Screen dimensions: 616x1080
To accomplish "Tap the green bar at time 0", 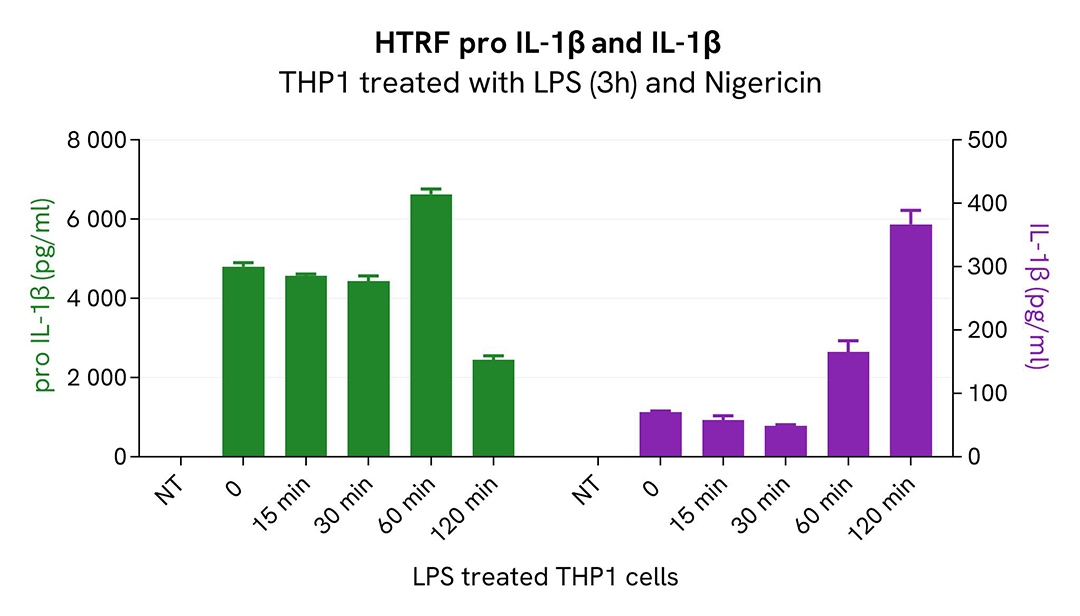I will [243, 361].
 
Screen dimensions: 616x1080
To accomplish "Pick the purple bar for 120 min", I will [910, 340].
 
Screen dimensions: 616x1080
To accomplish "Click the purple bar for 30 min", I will [785, 441].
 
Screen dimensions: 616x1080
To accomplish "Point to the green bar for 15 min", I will [306, 366].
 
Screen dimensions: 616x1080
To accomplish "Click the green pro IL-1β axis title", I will [44, 298].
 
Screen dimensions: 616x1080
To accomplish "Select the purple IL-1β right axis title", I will [1037, 298].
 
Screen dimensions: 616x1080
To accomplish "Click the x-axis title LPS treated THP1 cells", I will [545, 577].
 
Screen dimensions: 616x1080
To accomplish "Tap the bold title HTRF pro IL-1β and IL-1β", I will [549, 44].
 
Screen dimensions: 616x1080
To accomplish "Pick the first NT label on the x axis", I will [168, 489].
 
